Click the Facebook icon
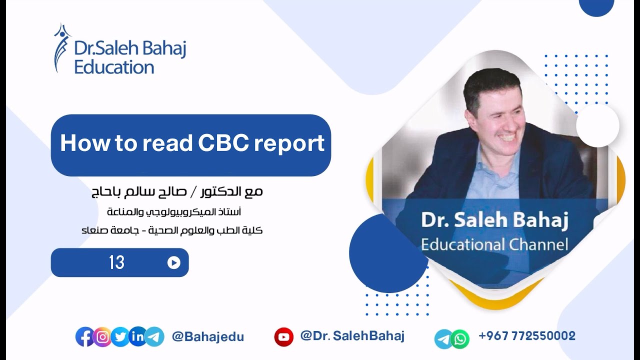84,337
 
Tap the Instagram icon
102,337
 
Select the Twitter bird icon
120,337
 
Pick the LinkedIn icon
137,337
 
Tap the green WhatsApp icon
460,339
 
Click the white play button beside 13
174,262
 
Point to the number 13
116,262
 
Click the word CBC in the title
222,143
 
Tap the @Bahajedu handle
207,337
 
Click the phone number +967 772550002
527,336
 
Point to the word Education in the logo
114,67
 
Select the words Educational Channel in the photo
494,245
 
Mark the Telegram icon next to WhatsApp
443,339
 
